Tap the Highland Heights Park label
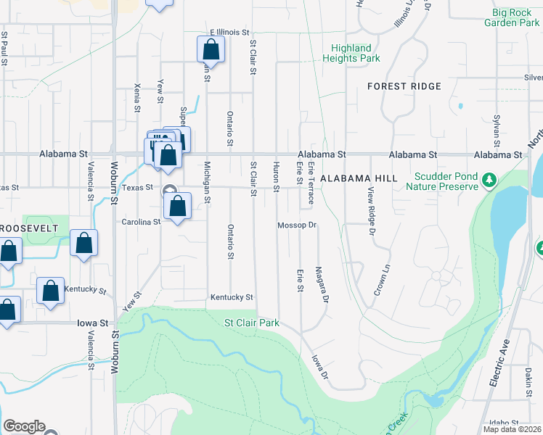point(351,53)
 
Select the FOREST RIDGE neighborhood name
point(404,86)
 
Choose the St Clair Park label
point(251,323)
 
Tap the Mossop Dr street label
point(298,225)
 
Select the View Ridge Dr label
point(370,211)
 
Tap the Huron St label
point(276,178)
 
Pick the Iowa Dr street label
point(320,366)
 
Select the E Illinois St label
point(229,33)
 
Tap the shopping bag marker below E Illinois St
point(211,50)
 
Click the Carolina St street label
point(140,222)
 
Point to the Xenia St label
point(136,98)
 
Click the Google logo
point(24,426)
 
